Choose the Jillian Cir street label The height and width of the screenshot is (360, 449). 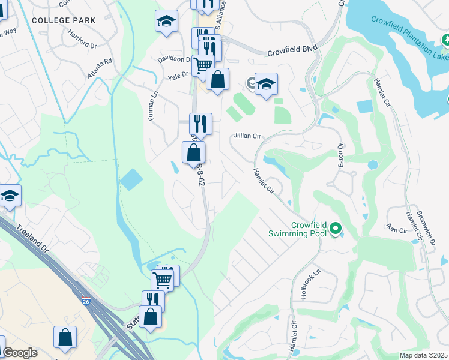[247, 136]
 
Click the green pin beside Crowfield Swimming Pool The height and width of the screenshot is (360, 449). [336, 228]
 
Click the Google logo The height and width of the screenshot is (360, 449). [20, 353]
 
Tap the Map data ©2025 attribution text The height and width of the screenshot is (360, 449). [424, 355]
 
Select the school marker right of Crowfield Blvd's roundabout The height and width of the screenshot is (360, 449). [266, 83]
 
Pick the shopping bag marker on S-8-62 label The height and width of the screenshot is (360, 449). [194, 152]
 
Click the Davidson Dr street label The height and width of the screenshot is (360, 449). [174, 59]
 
